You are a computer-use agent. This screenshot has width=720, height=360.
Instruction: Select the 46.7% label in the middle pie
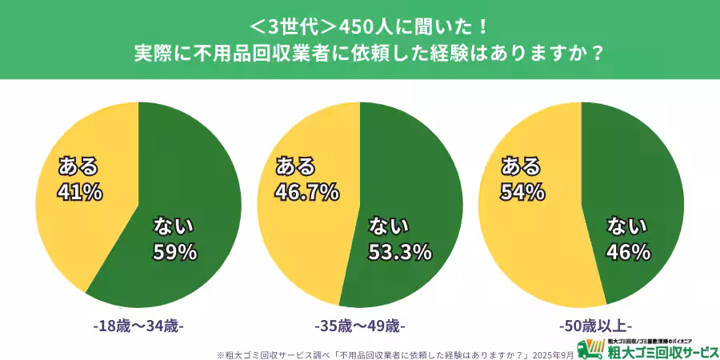pos(306,192)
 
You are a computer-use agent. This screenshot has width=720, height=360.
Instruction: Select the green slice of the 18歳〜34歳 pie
pos(192,176)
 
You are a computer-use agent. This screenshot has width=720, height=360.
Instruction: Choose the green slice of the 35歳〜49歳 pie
pos(416,176)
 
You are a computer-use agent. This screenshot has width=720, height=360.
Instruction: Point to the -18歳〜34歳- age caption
pos(138,326)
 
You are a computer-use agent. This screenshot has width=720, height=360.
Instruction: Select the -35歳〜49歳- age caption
pos(360,326)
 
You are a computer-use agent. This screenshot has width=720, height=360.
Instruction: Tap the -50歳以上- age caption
pos(582,326)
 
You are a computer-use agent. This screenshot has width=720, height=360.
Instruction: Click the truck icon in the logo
pos(592,349)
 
